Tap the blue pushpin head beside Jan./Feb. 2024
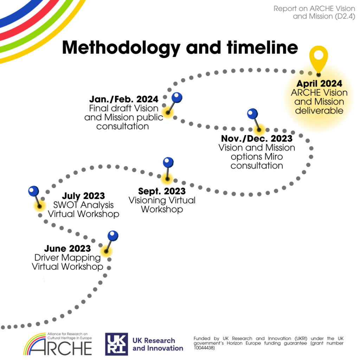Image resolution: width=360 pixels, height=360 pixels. click(177, 98)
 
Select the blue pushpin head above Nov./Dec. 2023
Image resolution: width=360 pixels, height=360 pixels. click(252, 114)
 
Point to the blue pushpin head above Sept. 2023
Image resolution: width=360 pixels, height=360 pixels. click(168, 162)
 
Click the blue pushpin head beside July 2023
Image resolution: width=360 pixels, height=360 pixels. click(33, 191)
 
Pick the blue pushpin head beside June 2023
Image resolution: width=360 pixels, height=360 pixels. click(113, 236)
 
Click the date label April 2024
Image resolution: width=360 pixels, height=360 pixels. click(319, 84)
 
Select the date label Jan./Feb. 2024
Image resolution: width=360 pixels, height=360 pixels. click(124, 99)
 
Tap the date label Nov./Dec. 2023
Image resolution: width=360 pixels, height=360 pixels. click(257, 139)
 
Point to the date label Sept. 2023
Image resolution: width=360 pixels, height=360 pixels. click(162, 191)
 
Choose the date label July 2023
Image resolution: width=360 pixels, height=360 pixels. click(83, 196)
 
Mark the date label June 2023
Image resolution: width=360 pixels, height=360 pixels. click(67, 249)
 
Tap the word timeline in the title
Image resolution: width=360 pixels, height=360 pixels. click(262, 47)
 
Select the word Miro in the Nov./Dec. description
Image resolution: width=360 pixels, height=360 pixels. click(274, 156)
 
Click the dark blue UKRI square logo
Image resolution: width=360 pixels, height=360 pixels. click(116, 344)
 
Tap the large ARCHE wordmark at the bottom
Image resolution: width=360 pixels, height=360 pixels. click(61, 348)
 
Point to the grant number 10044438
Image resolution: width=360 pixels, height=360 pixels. click(204, 348)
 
